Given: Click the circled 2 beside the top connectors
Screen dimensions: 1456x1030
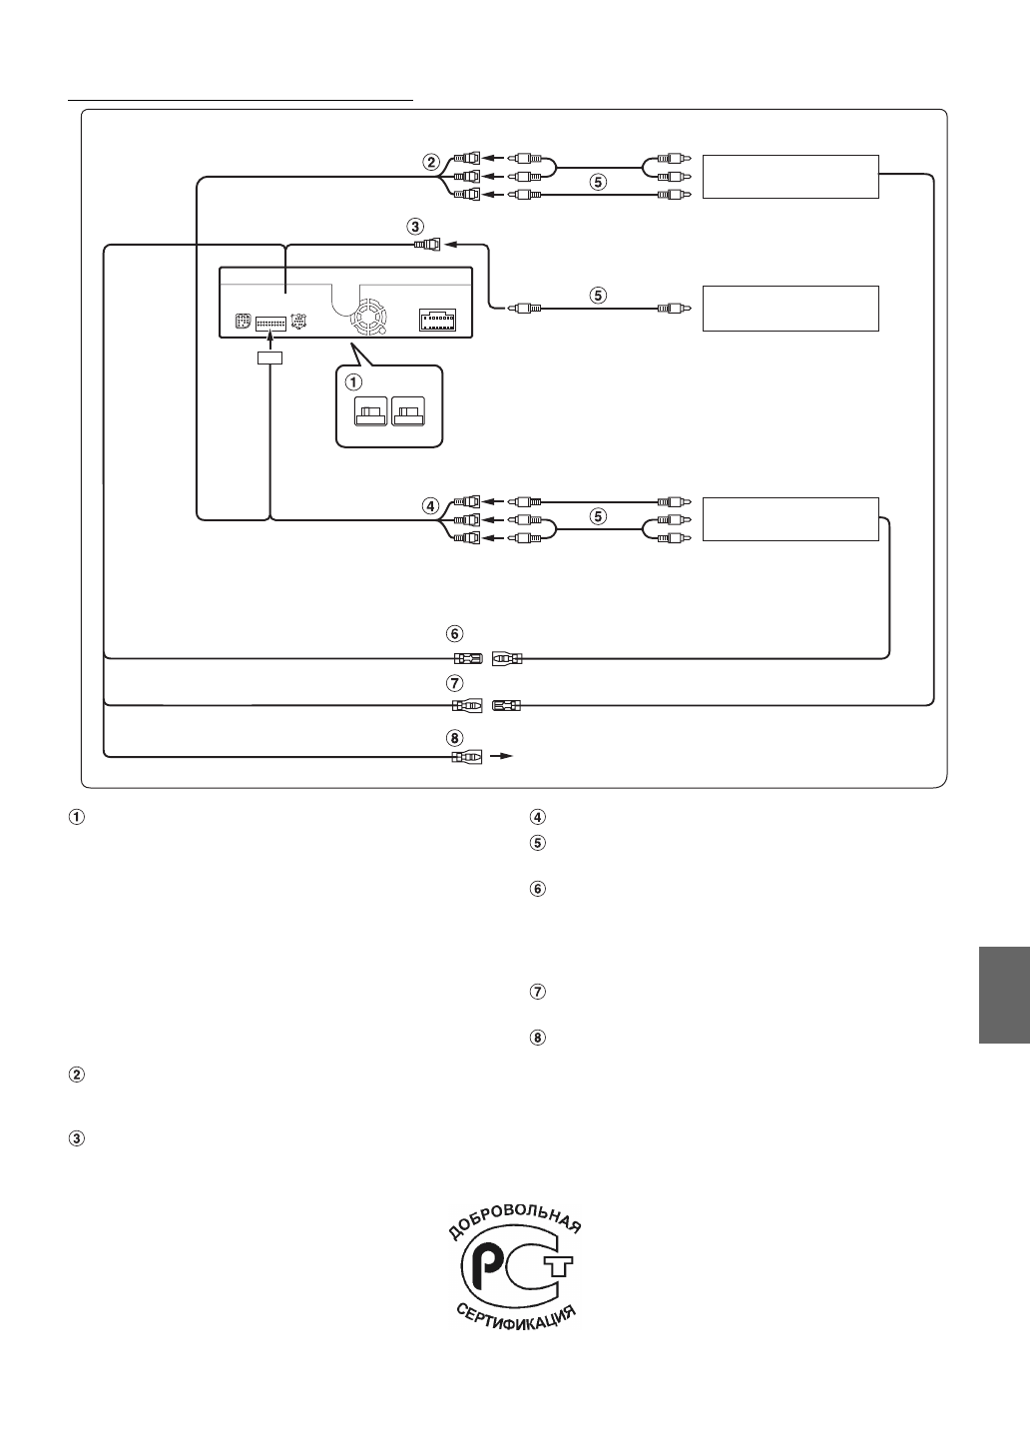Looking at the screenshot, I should point(431,162).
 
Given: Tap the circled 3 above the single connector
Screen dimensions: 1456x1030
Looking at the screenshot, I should point(414,226).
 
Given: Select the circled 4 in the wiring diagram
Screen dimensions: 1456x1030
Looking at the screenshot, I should point(431,506).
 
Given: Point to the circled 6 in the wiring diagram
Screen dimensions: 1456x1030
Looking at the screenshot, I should point(455,633).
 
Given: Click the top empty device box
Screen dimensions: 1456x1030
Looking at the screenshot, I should point(790,177).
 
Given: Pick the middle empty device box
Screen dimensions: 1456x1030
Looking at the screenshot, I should point(790,308).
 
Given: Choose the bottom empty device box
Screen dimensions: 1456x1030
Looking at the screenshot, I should point(790,518).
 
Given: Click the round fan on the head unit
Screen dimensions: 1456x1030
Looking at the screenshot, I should point(370,319).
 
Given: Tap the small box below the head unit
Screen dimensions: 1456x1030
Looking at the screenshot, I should point(269,358).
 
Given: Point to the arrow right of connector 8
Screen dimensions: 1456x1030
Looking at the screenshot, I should point(504,757).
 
